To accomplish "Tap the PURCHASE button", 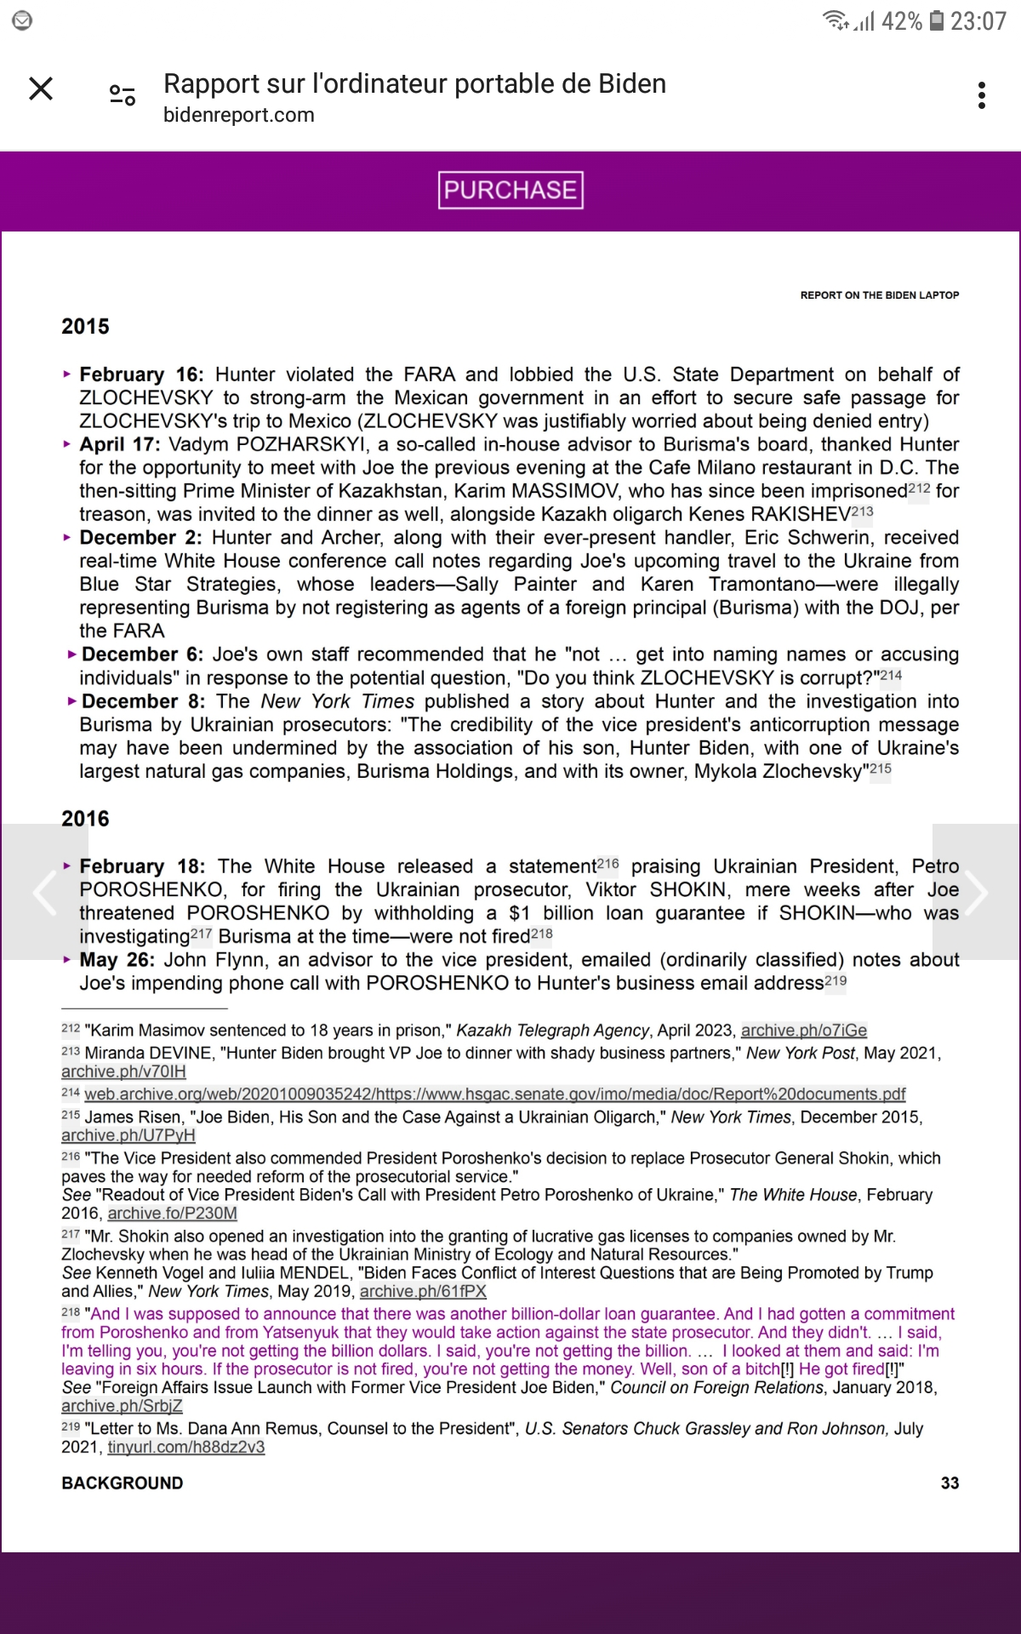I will (x=510, y=190).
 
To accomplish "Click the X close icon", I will (x=41, y=89).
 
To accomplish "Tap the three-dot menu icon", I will (x=982, y=95).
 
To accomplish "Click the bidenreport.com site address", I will (x=238, y=115).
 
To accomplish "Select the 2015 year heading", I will (x=85, y=327).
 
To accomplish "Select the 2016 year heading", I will (x=85, y=819).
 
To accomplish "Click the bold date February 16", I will (x=141, y=374).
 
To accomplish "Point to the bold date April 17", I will (x=119, y=444).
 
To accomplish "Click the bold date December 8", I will (x=143, y=701).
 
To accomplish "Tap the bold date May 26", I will (x=117, y=960).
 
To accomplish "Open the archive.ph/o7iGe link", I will (x=803, y=1031).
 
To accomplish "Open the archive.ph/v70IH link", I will (x=123, y=1071).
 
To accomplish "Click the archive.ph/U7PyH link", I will (x=128, y=1135).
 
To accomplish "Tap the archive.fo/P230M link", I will (x=172, y=1214).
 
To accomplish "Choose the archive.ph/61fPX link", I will (x=423, y=1291).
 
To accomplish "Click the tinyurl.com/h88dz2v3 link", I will (x=185, y=1447).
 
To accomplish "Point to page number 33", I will (x=950, y=1483).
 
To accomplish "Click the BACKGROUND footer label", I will (x=122, y=1483).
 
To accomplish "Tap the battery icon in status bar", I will (x=936, y=20).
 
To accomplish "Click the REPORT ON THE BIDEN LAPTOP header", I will (x=879, y=295).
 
